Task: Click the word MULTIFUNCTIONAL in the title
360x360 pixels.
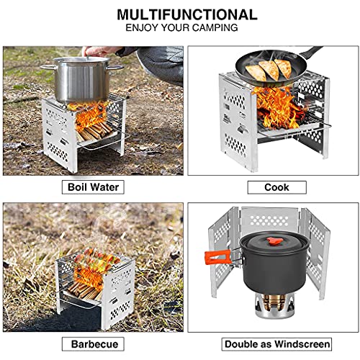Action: [187, 14]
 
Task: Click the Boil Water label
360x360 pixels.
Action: [93, 187]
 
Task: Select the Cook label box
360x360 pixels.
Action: [277, 187]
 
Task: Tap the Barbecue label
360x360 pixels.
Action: [93, 344]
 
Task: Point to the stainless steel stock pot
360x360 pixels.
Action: [82, 79]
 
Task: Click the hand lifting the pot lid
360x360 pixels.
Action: [99, 51]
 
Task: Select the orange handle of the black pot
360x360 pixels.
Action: [217, 256]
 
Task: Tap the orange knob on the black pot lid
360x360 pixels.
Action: [274, 241]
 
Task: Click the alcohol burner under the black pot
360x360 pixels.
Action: [274, 305]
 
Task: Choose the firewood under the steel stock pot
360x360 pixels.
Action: [95, 132]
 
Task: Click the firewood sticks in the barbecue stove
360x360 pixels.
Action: [83, 291]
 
